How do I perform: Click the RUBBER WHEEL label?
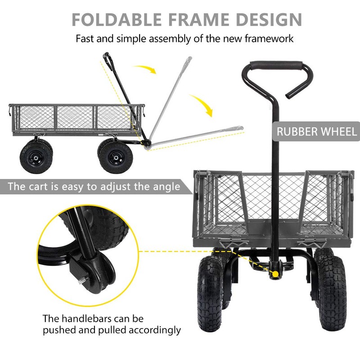coord(317,131)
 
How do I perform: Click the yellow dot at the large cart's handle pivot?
coord(274,274)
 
